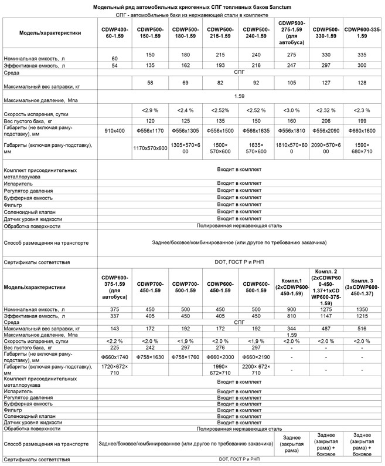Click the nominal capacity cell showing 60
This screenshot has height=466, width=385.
(115, 59)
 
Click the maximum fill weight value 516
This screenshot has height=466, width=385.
(363, 329)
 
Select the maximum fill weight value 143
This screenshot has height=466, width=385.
(115, 329)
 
